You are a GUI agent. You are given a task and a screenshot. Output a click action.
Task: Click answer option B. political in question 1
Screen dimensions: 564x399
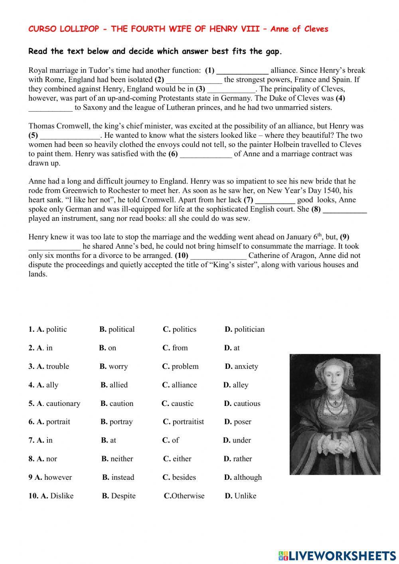point(117,329)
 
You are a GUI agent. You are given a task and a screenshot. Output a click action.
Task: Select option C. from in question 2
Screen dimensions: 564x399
point(175,348)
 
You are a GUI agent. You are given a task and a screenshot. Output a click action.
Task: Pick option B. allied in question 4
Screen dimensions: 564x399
point(115,385)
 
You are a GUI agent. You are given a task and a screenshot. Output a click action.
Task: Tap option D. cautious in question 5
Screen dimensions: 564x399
point(242,404)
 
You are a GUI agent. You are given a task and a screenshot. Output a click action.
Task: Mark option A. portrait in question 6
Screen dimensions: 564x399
point(53,422)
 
